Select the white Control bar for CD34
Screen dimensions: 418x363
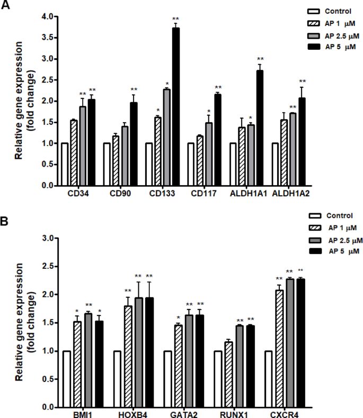(x=65, y=164)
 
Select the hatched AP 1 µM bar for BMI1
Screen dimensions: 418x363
(x=77, y=365)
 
